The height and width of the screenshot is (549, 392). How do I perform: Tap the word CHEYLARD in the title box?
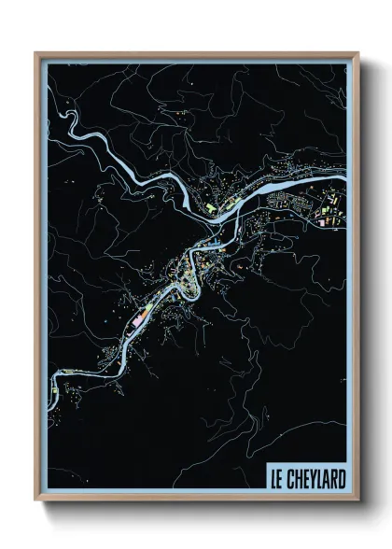pyautogui.click(x=315, y=480)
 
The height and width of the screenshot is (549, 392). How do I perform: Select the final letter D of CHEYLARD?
pyautogui.click(x=341, y=480)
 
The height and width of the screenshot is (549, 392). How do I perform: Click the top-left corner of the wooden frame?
pyautogui.click(x=36, y=53)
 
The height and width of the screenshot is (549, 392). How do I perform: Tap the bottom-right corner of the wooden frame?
pyautogui.click(x=359, y=502)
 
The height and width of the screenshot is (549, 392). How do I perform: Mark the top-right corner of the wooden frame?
pyautogui.click(x=359, y=53)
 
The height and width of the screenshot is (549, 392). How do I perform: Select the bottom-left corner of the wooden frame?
pyautogui.click(x=36, y=502)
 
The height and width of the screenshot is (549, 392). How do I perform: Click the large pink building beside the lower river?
pyautogui.click(x=139, y=319)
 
